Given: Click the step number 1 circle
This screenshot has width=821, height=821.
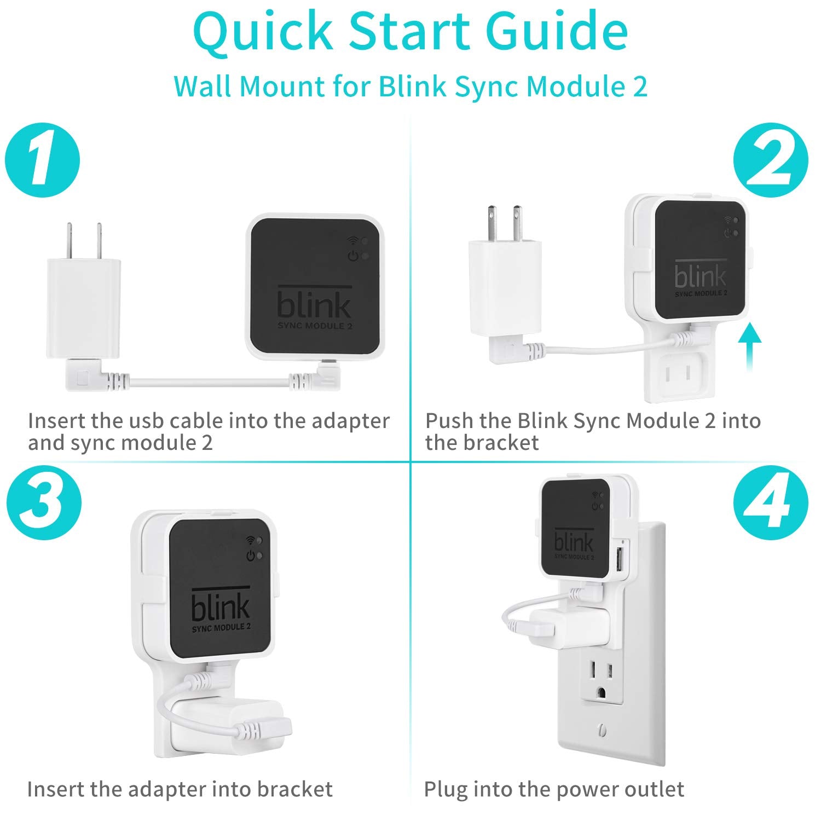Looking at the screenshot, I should [x=42, y=161].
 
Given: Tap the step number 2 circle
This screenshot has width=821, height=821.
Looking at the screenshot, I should [x=770, y=161].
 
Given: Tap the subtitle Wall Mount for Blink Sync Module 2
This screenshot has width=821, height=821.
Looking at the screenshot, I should [x=410, y=86].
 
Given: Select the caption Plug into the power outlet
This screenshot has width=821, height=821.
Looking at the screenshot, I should [x=553, y=789].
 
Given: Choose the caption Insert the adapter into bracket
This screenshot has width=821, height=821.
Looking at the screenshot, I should [x=180, y=789].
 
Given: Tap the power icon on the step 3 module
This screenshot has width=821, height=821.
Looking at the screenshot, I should [x=251, y=556].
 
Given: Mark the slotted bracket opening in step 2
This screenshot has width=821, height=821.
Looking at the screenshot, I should [x=675, y=374].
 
